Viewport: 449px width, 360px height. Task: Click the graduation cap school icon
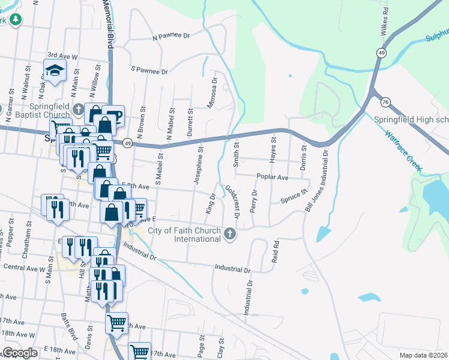55,70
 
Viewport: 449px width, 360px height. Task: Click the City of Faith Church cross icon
229,234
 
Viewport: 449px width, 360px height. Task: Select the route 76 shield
385,103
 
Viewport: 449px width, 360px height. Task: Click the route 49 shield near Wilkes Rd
381,53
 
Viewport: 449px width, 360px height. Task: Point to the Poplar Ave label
272,178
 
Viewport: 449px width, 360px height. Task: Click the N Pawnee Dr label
171,36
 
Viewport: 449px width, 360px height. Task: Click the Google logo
20,353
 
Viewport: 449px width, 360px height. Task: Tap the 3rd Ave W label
62,56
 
